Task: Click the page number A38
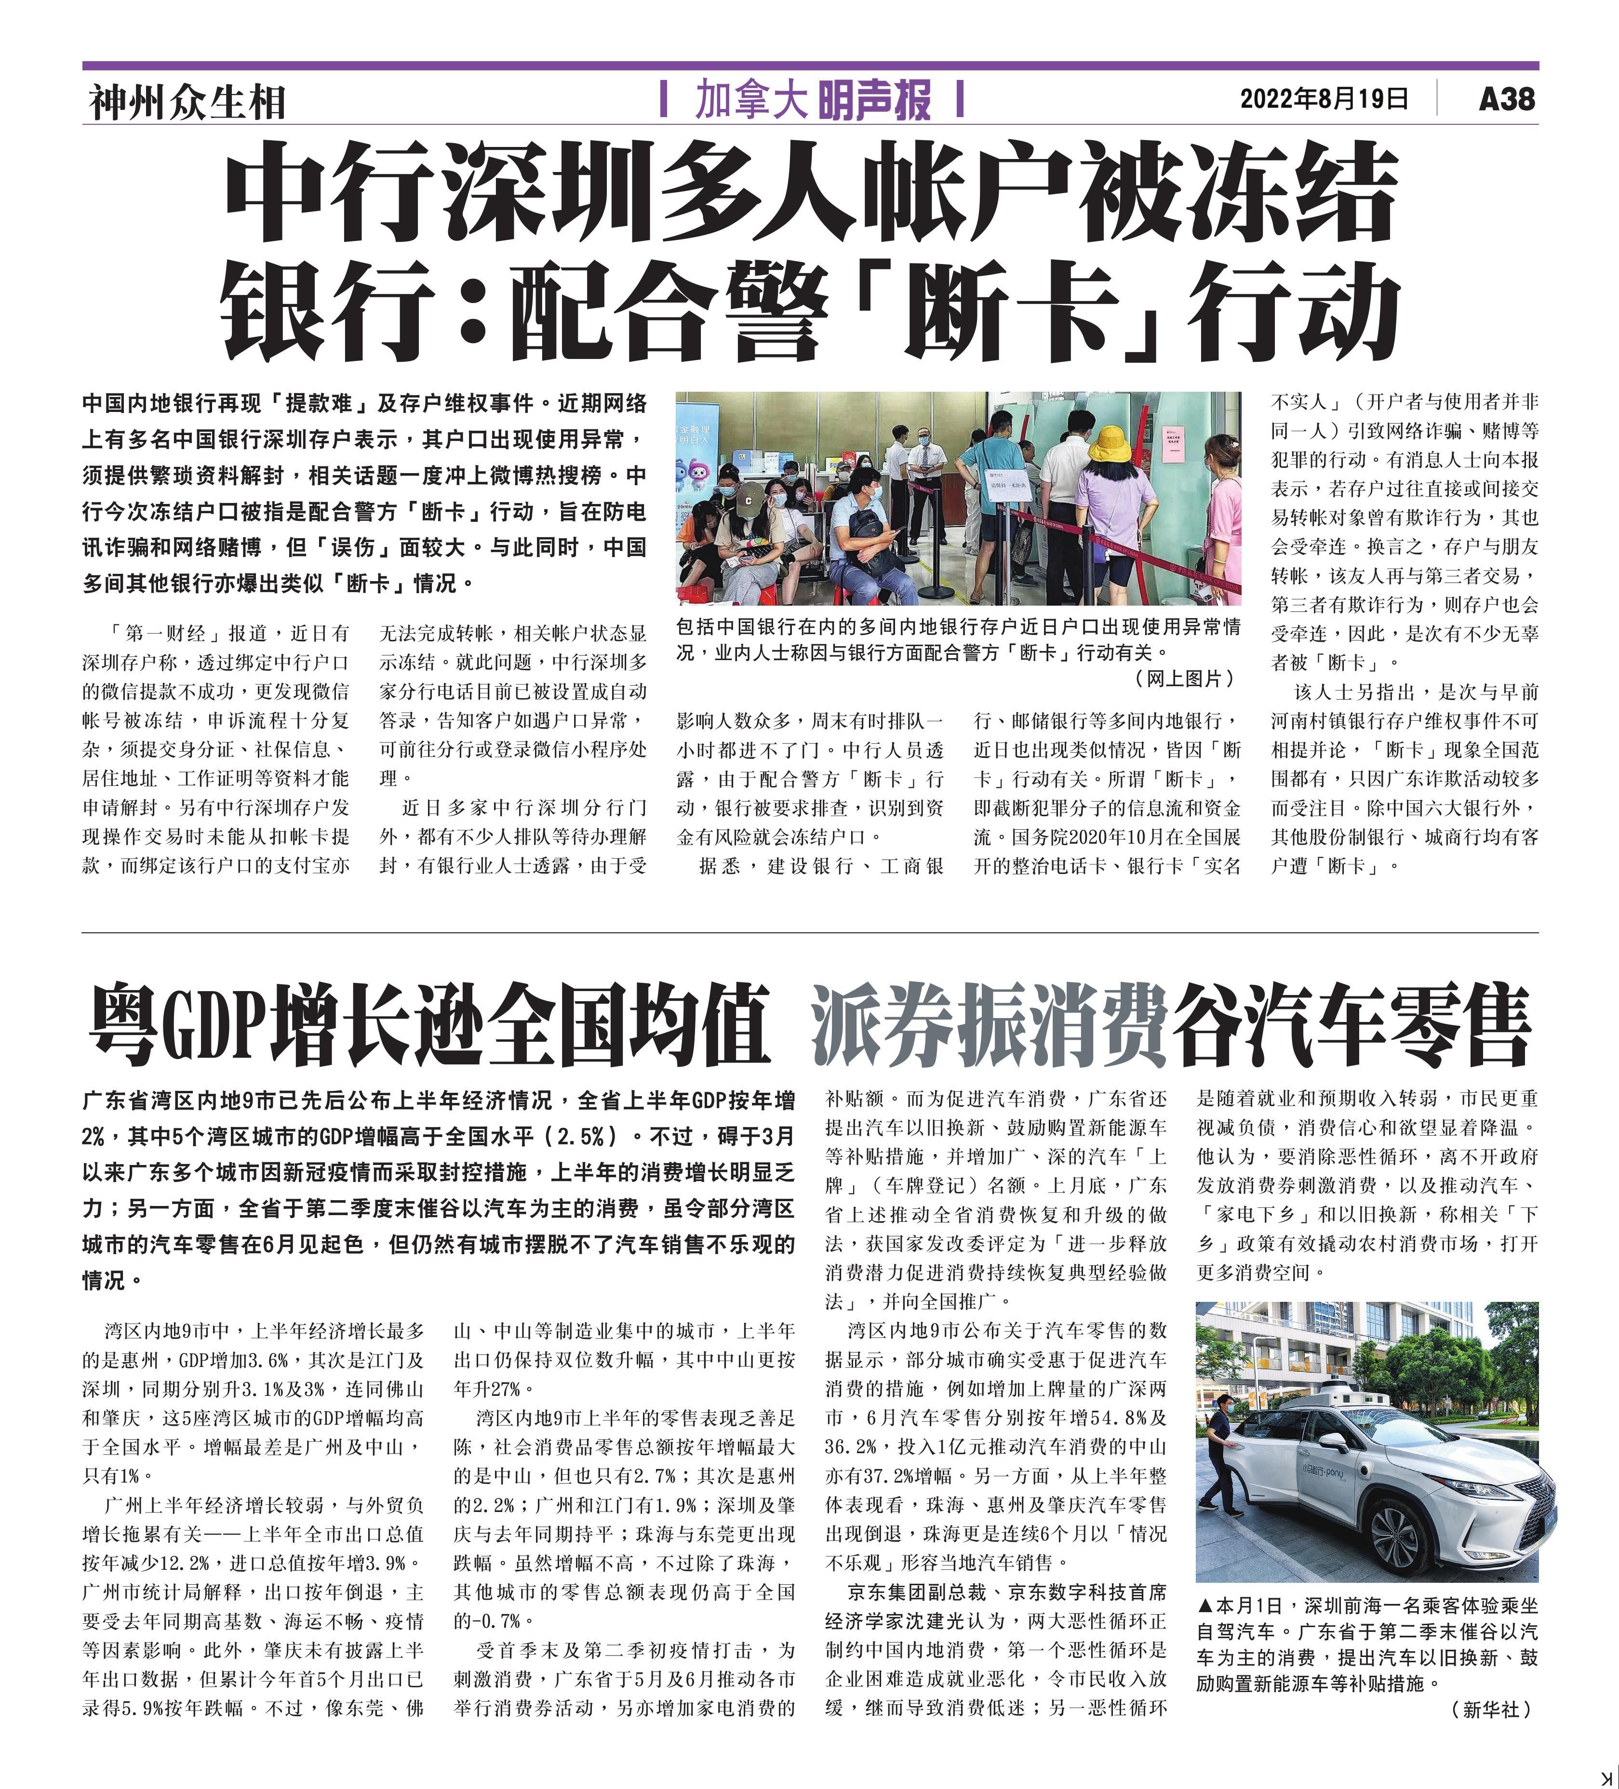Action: click(x=1506, y=98)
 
